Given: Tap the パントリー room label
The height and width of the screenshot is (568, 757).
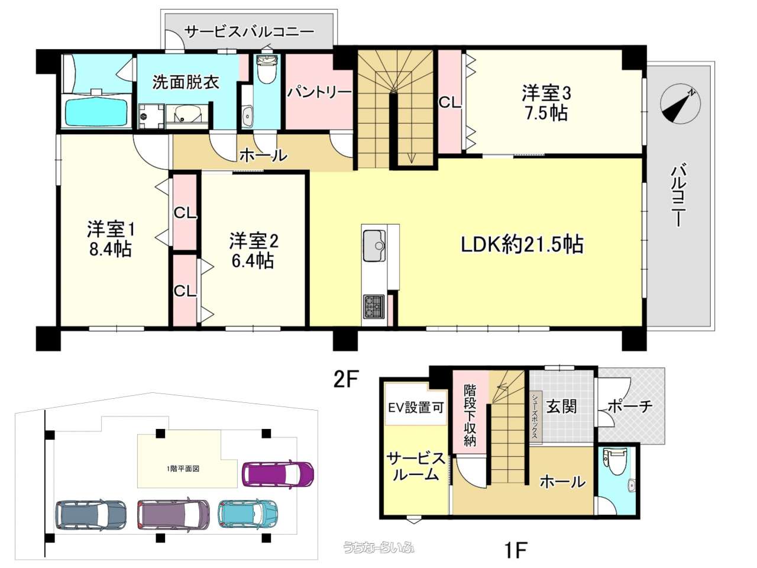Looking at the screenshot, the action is (319, 92).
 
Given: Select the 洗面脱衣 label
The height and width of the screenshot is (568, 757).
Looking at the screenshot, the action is (186, 83).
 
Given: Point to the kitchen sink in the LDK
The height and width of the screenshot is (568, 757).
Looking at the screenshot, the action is (374, 246).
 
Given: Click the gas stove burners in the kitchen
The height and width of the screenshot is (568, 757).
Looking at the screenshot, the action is (374, 306).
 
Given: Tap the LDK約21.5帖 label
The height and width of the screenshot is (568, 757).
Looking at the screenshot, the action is (522, 244).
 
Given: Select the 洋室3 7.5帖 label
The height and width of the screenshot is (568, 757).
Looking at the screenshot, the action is (546, 103).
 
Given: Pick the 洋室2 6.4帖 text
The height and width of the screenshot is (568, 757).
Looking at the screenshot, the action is (254, 251).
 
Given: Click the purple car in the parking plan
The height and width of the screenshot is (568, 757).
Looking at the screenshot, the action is (279, 474).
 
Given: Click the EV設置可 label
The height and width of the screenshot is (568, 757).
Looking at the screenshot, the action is (415, 408).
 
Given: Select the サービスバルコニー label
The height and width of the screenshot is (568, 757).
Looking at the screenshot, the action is (249, 32).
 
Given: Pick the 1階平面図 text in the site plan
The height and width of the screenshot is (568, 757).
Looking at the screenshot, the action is (182, 469).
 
